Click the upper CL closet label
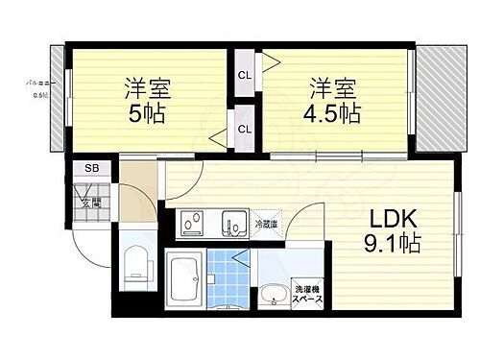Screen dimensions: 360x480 tap(244, 75)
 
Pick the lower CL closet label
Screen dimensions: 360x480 tap(244, 129)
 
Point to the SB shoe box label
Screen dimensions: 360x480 tap(91, 169)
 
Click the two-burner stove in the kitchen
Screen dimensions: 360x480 tap(192, 224)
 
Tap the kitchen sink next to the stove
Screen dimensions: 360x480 tap(232, 223)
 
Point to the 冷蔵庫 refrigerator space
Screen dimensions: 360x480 tap(266, 224)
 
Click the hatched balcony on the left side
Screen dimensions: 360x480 tap(56, 101)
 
